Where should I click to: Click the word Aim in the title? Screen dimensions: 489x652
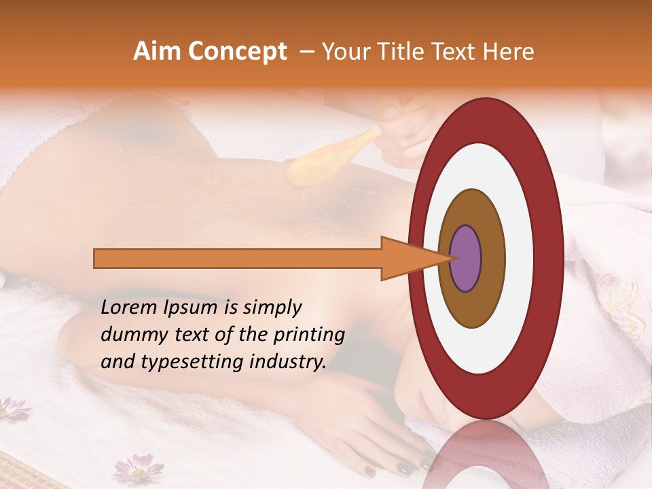[x=157, y=52]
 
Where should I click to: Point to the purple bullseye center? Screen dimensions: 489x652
[x=466, y=259]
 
